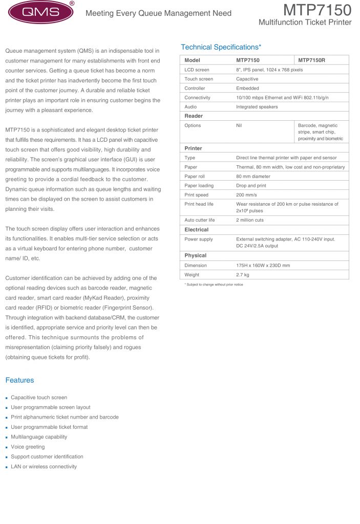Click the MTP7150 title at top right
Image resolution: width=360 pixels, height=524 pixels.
(317, 10)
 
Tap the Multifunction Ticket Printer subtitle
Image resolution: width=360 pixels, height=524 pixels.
(305, 23)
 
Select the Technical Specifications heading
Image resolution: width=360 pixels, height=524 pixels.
(221, 47)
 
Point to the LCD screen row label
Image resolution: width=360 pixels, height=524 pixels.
(197, 70)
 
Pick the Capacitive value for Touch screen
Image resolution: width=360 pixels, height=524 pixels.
(247, 79)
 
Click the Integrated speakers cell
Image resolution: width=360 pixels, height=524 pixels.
(257, 106)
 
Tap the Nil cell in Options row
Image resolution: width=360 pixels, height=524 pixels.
(239, 125)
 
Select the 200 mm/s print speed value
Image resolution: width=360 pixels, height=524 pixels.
(247, 195)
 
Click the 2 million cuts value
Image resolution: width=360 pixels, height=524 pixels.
(250, 220)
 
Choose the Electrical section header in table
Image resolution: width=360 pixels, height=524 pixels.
(196, 230)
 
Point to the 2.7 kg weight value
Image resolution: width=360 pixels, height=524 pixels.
(243, 275)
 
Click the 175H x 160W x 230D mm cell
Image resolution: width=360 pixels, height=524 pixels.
(263, 266)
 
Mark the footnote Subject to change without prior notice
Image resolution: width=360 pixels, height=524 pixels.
(214, 285)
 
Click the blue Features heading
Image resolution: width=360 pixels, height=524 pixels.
(19, 380)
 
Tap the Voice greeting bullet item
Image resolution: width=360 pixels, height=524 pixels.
(28, 447)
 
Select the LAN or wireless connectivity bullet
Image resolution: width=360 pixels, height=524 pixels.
(44, 467)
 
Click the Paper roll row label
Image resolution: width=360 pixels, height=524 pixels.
(195, 176)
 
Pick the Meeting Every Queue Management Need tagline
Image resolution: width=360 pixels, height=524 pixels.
(158, 13)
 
